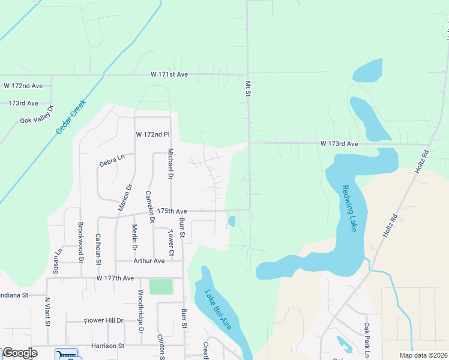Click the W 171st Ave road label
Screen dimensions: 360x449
pos(169,75)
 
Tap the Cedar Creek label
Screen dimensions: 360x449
pos(71,116)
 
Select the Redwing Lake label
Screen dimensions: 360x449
pos(349,208)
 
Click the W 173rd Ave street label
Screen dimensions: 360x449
pos(339,144)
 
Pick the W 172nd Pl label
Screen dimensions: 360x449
pos(153,134)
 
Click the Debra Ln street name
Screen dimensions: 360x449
pos(112,161)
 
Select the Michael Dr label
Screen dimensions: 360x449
pos(170,164)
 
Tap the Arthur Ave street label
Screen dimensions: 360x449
pos(149,261)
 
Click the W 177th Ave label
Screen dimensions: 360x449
pos(115,278)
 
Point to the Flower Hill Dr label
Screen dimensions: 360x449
pos(103,321)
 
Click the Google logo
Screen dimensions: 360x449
pos(19,353)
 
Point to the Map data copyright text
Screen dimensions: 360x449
pos(424,355)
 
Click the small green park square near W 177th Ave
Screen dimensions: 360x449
pos(160,287)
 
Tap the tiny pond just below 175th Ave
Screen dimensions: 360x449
pos(232,221)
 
